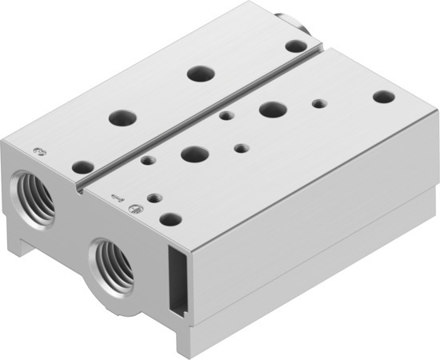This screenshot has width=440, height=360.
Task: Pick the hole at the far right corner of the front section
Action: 384,97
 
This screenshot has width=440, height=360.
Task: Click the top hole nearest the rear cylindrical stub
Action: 295,46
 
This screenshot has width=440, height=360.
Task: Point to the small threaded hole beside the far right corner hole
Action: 319,102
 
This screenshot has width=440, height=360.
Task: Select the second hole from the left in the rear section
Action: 122,116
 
